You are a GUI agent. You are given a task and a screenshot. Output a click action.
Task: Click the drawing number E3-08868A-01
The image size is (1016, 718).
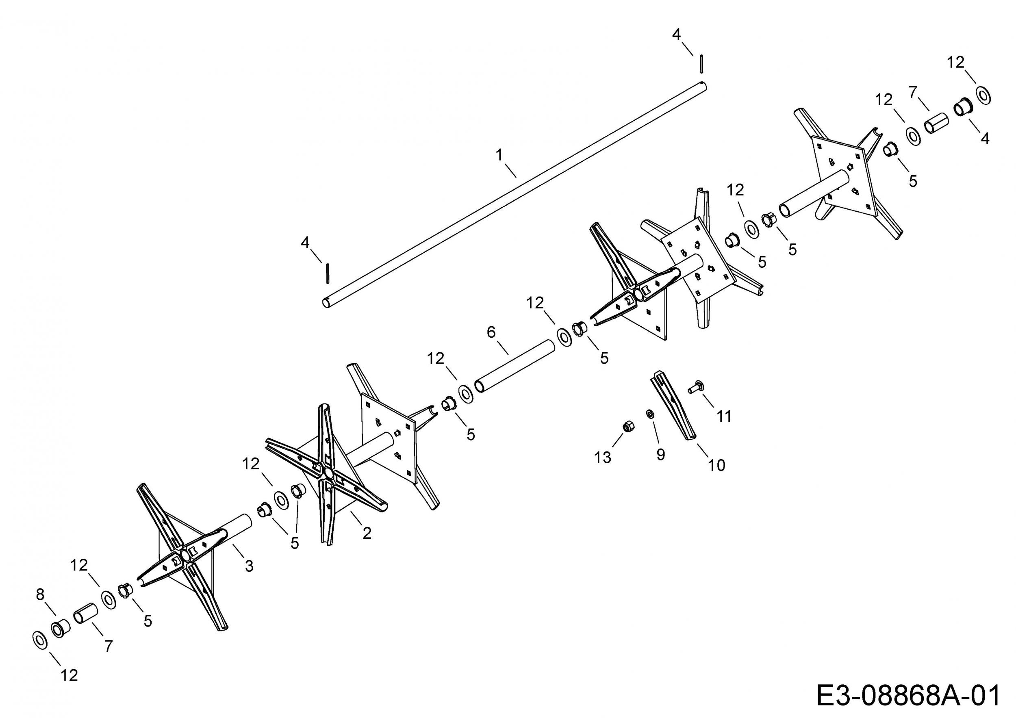click(x=907, y=696)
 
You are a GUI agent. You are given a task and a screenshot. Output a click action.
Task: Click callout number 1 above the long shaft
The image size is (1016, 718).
click(x=499, y=155)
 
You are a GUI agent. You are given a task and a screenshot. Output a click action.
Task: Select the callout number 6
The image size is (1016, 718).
click(x=491, y=332)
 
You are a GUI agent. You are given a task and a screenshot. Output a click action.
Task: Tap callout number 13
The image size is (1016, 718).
click(x=602, y=458)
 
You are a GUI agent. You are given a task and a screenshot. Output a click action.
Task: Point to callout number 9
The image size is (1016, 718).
click(x=661, y=454)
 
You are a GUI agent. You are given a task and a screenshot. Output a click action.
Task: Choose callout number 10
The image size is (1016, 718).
click(x=716, y=465)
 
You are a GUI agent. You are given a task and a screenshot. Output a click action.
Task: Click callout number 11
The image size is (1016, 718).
click(x=724, y=416)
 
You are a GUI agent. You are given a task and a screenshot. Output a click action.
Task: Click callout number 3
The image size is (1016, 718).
click(x=249, y=566)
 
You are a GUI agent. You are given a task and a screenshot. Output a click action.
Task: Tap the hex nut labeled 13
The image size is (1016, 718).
click(x=627, y=427)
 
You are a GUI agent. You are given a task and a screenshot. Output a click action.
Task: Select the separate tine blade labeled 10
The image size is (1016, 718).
click(x=673, y=405)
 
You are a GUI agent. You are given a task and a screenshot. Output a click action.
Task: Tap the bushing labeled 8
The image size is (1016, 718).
click(x=60, y=628)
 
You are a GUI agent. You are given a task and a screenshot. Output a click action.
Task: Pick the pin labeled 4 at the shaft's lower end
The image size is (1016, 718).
click(x=328, y=273)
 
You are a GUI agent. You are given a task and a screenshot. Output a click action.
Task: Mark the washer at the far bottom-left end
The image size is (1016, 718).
click(x=40, y=640)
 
